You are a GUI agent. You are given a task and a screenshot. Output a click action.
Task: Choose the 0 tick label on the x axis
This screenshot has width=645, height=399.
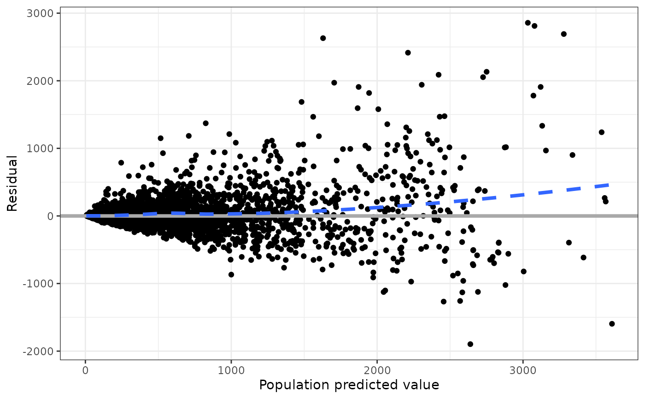point(85,370)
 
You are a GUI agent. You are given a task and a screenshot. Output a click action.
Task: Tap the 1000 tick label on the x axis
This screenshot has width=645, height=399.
point(231,370)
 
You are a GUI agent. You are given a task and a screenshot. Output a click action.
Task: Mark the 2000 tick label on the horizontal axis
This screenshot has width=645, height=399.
point(377,370)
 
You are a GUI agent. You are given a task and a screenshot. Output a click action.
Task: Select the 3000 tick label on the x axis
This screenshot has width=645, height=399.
point(523,370)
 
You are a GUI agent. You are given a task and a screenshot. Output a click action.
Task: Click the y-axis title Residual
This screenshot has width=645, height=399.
point(12,183)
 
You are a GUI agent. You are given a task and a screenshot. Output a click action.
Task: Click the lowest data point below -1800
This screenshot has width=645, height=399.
point(470,344)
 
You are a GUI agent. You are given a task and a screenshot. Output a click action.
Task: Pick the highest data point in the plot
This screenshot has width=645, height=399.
point(528,23)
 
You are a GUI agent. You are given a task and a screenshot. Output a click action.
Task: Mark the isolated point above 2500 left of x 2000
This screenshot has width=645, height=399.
point(323,38)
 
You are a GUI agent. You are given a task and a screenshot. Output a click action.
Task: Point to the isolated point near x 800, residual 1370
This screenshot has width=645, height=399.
point(205,123)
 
